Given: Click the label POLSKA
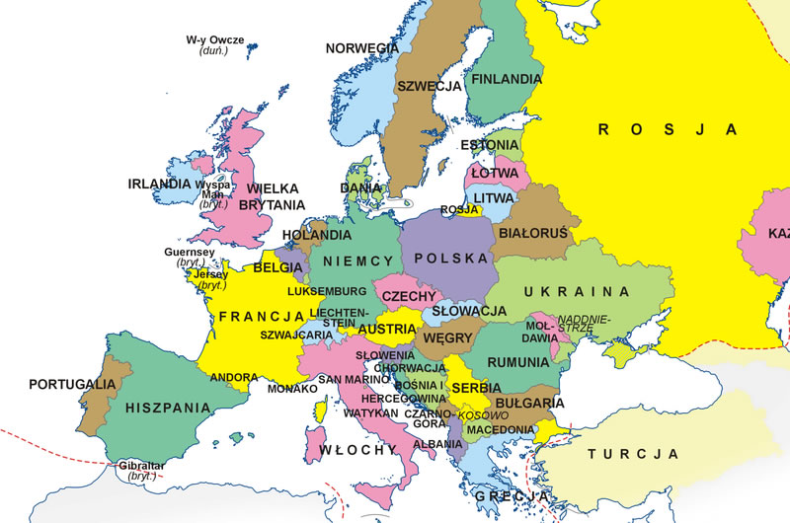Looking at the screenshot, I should (x=451, y=259).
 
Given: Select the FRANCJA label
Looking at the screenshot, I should (x=260, y=317).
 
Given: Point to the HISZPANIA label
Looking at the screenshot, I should (x=168, y=407).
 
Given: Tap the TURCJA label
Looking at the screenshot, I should (x=633, y=454).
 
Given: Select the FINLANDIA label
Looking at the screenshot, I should (x=507, y=79).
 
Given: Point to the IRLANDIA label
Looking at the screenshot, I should (x=159, y=184).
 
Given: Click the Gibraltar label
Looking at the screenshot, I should (x=140, y=465).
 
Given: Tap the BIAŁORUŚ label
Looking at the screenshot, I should (x=533, y=234).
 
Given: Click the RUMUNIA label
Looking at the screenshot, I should (x=516, y=361).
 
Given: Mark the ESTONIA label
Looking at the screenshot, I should (x=489, y=145).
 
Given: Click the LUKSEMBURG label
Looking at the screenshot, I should (x=326, y=292).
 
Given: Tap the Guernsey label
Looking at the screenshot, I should (x=189, y=253).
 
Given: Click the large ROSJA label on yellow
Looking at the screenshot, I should (x=669, y=128).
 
